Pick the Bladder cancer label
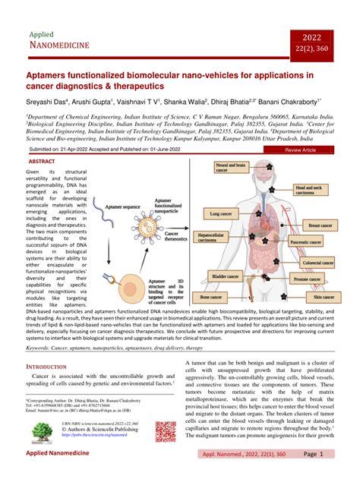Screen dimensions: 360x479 coord(226,278)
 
